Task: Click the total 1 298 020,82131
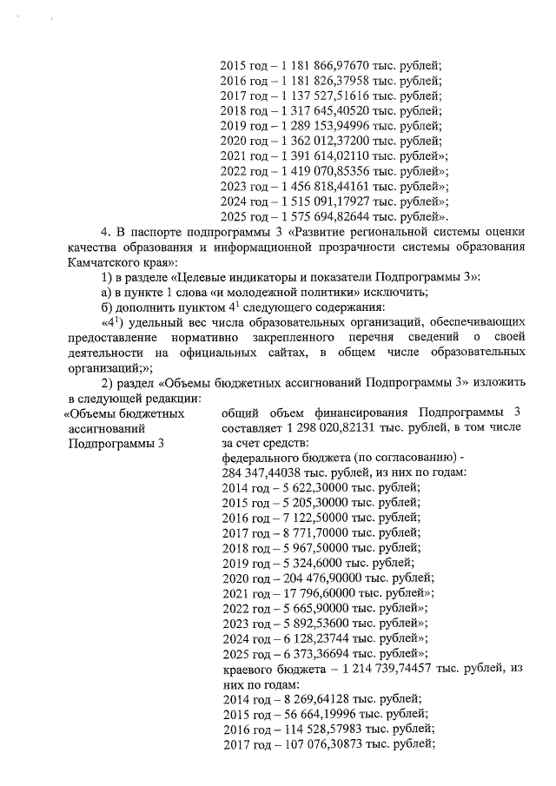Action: (x=330, y=428)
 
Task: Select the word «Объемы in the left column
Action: (x=96, y=413)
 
